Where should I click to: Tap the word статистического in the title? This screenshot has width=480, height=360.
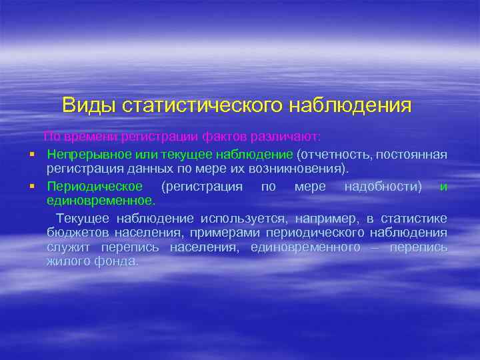point(195,105)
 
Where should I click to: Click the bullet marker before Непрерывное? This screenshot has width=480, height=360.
point(31,155)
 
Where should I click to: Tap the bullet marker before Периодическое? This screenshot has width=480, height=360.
point(31,186)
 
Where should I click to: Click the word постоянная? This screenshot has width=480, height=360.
point(411,155)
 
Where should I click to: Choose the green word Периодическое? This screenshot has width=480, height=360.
point(95,186)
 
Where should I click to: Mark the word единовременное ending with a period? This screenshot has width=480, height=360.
point(101,200)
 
